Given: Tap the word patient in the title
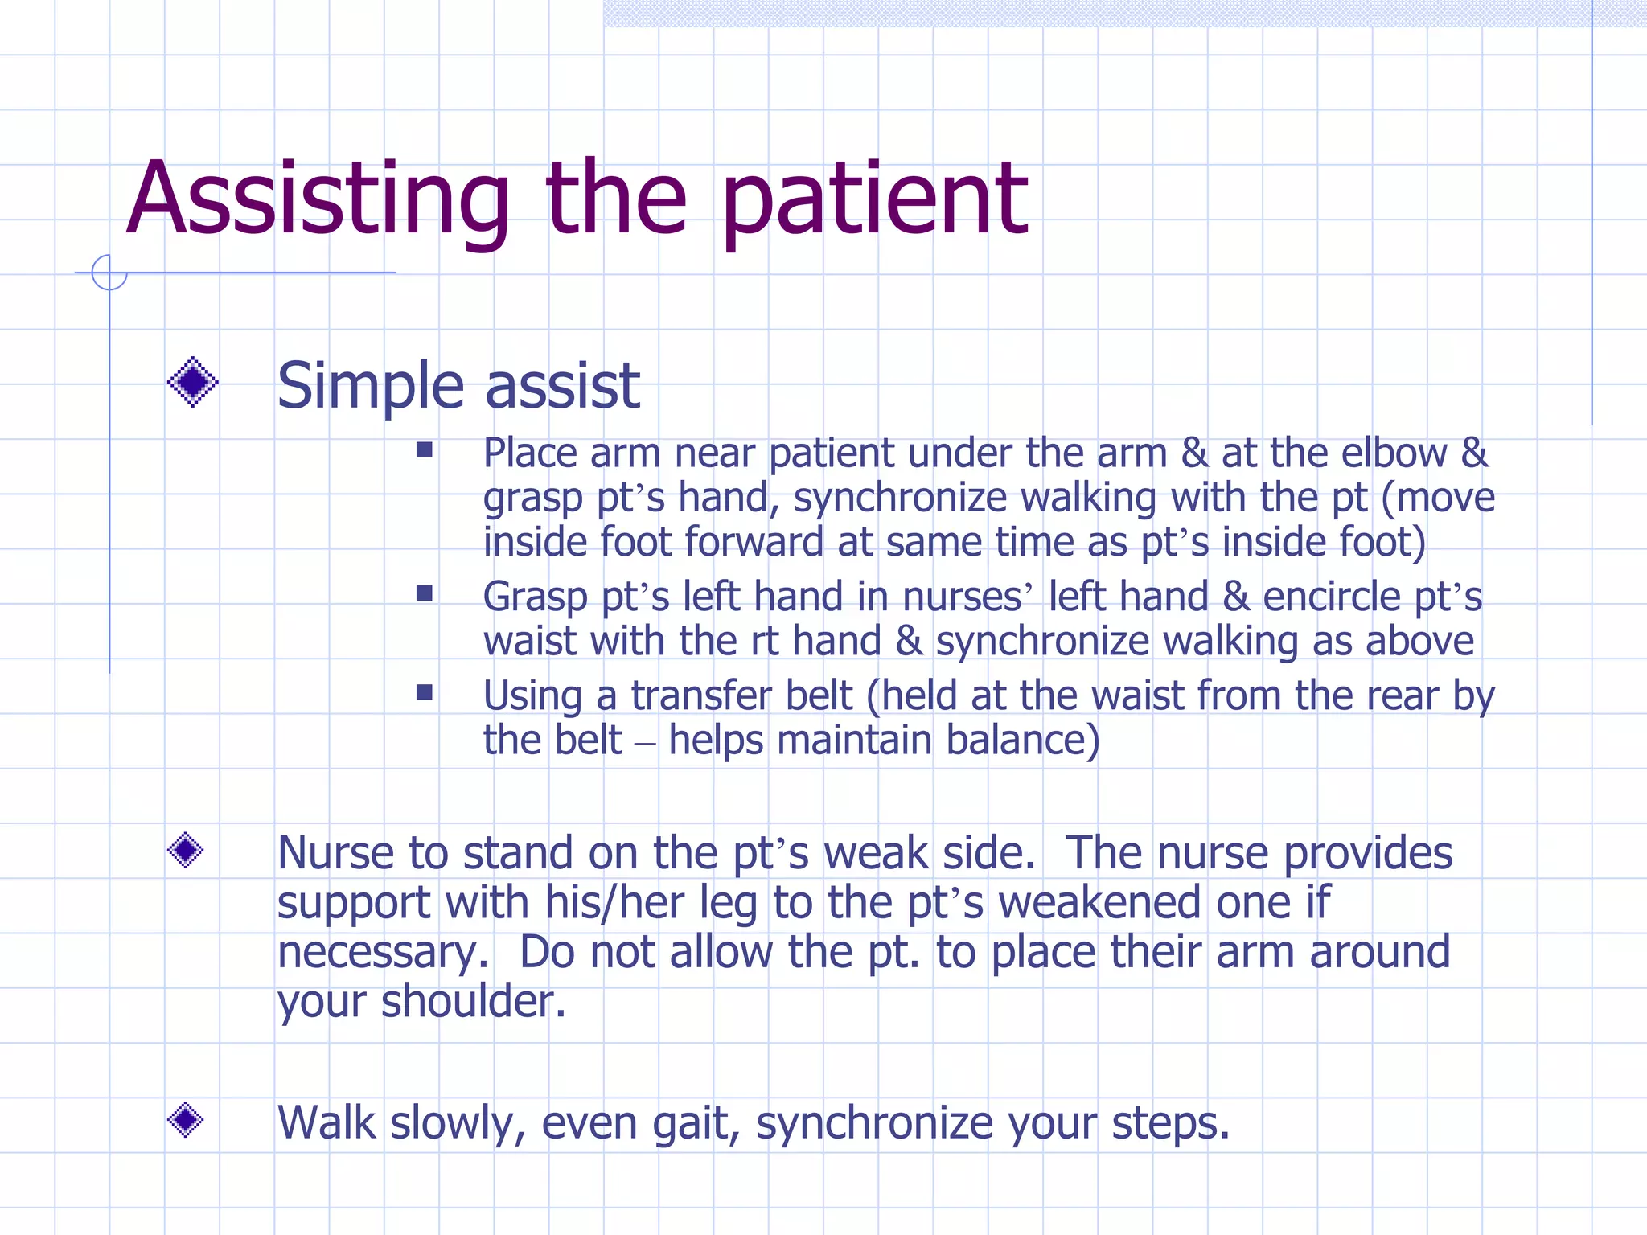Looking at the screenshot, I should [x=874, y=201].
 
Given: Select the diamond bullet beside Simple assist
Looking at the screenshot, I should [x=192, y=382].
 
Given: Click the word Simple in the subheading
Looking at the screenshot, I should [x=368, y=387].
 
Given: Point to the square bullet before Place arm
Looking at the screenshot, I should [x=425, y=450].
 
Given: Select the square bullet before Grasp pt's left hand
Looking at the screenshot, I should [x=425, y=593].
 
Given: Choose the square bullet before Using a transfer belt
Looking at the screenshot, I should [x=425, y=692].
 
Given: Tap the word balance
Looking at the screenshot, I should [x=1015, y=740].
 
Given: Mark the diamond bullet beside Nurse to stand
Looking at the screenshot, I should [x=186, y=850].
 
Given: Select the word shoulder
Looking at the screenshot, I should [x=473, y=1002].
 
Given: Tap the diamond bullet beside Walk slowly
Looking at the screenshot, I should [x=186, y=1119].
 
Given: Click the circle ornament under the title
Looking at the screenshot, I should [x=109, y=273].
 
